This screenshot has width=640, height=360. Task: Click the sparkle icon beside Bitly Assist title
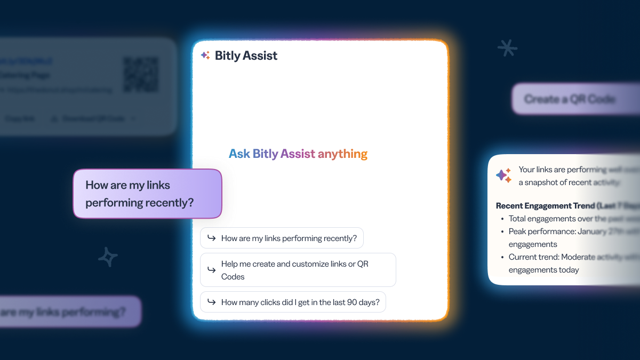[x=205, y=55]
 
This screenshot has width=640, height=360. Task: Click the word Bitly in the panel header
[x=228, y=55]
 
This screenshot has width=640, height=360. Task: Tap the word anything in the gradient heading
[x=342, y=154]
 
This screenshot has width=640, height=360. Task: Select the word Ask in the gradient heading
[x=239, y=154]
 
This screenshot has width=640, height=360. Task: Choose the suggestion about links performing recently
[x=282, y=238]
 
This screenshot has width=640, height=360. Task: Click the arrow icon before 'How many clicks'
[x=212, y=302]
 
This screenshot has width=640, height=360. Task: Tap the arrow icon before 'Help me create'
[x=212, y=270]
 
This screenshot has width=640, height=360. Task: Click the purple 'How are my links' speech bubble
[x=147, y=194]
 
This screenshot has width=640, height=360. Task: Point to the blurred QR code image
[x=141, y=74]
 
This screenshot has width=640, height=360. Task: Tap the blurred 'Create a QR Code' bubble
[x=570, y=99]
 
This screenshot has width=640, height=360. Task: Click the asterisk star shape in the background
[x=507, y=48]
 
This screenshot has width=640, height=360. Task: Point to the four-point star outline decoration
[x=108, y=257]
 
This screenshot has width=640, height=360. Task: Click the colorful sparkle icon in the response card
[x=503, y=175]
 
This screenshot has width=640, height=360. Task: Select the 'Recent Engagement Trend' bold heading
[x=555, y=205]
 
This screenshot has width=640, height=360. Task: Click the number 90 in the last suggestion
[x=352, y=302]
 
